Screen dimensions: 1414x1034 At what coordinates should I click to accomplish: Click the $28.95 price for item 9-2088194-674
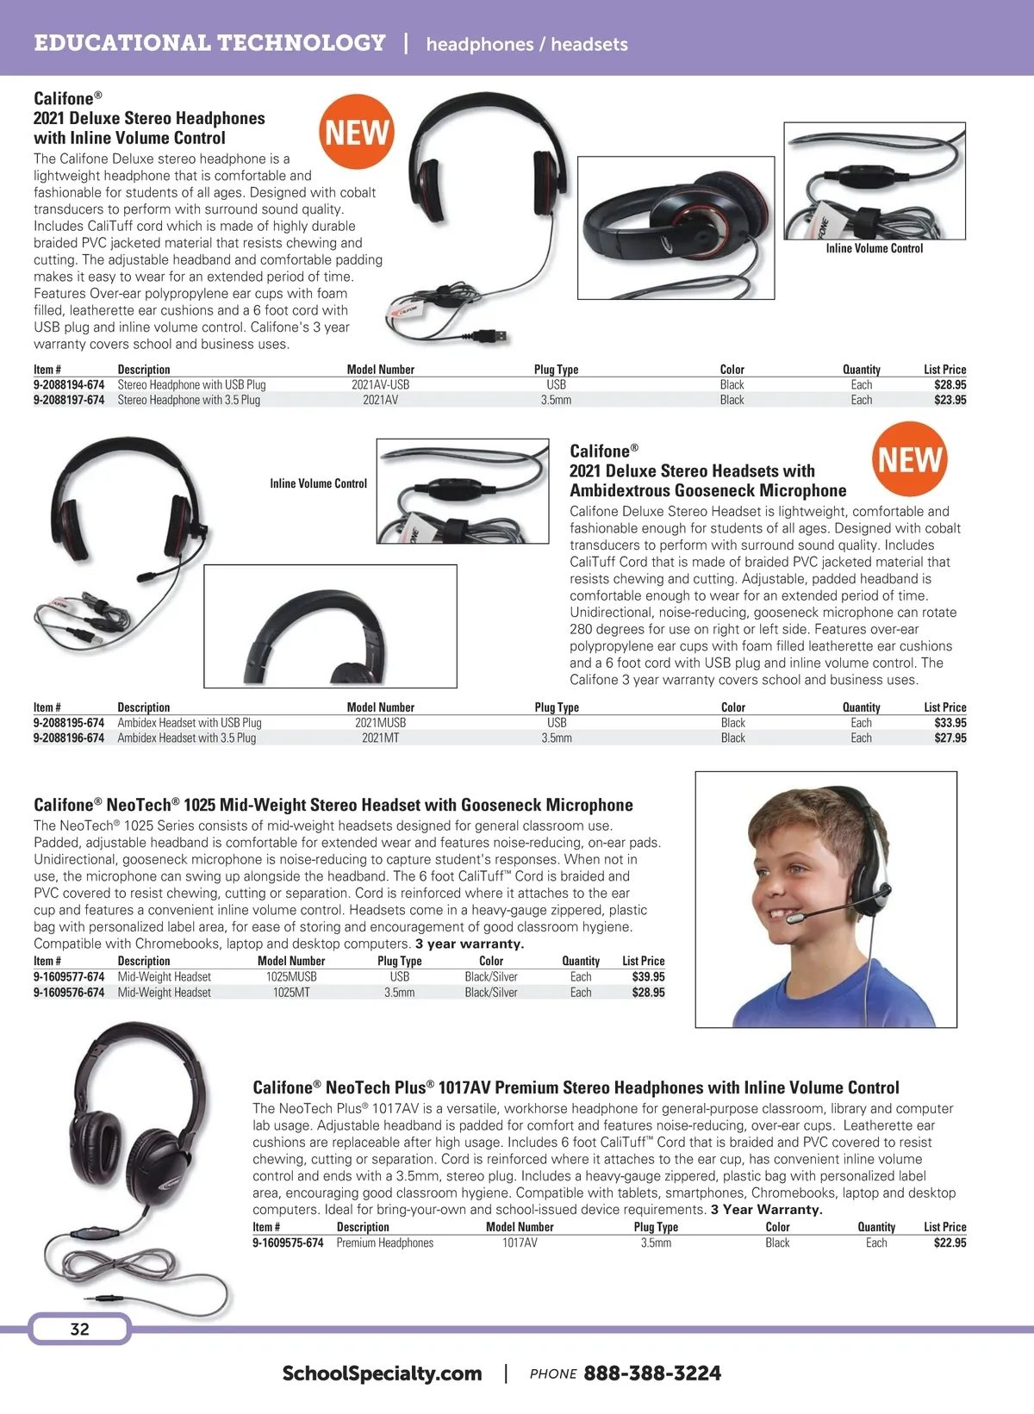tap(950, 385)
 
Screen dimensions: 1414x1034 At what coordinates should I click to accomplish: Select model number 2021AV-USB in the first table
tap(380, 385)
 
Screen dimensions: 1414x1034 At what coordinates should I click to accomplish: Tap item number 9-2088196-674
tap(69, 738)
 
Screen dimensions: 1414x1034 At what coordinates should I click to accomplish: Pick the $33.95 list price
tap(950, 723)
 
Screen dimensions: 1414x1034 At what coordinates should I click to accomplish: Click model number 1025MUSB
tap(291, 977)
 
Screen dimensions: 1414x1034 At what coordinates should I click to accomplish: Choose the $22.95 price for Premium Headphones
tap(950, 1243)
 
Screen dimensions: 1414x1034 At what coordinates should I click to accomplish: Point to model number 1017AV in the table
tap(520, 1243)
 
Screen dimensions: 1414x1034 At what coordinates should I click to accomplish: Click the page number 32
tap(79, 1330)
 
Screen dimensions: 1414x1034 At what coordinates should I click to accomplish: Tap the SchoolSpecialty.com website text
tap(382, 1374)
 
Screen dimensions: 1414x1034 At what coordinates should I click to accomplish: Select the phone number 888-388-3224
tap(652, 1374)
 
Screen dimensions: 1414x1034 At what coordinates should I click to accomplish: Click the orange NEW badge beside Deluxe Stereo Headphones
tap(357, 133)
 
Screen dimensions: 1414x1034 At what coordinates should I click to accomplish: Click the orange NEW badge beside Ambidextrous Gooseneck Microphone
tap(910, 459)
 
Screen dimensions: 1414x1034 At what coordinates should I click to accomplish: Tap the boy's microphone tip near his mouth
tap(795, 922)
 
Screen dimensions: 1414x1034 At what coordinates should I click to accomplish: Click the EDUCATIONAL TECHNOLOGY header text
tap(209, 43)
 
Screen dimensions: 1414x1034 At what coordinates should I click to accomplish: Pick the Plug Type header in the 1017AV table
tap(656, 1227)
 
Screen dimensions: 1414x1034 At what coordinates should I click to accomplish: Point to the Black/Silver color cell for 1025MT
tap(491, 993)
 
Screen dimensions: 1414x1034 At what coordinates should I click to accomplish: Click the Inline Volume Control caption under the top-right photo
tap(874, 249)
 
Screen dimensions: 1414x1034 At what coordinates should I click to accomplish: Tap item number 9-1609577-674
tap(69, 977)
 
